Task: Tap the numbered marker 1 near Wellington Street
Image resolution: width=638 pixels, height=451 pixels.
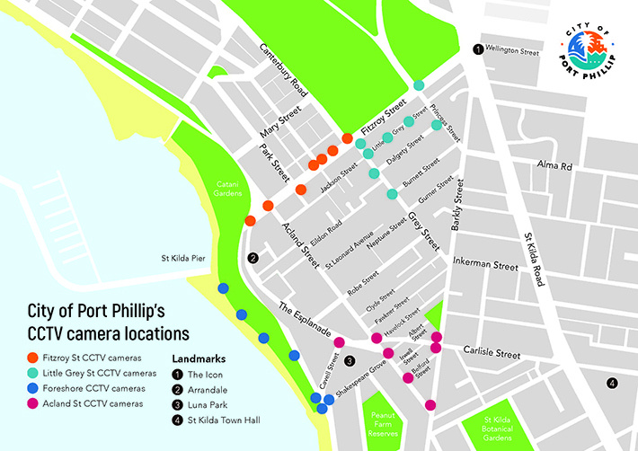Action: point(478,50)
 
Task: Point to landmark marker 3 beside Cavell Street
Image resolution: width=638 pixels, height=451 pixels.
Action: point(350,361)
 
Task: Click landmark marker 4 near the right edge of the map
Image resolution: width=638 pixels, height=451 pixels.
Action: point(612,384)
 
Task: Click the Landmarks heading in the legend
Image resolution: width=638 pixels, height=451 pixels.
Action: point(198,357)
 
